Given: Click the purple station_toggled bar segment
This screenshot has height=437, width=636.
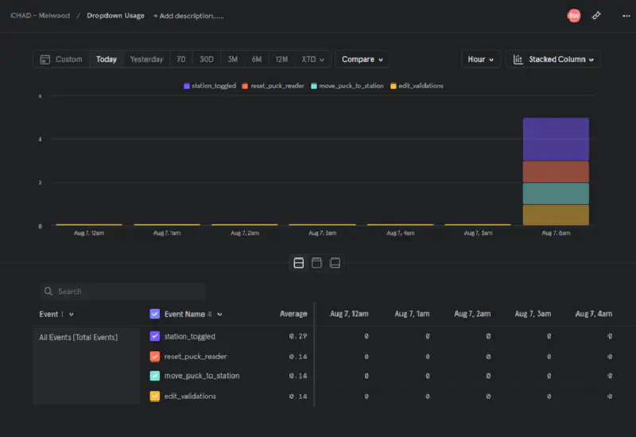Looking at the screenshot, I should click(556, 139).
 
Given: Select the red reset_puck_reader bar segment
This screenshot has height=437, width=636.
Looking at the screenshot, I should click(556, 172).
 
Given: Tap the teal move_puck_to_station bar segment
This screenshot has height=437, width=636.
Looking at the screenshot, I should click(556, 193).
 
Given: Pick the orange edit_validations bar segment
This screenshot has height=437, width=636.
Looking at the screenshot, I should click(556, 215).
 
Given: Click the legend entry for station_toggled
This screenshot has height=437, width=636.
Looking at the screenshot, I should click(210, 86).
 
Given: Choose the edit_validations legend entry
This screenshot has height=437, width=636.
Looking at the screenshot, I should click(417, 86).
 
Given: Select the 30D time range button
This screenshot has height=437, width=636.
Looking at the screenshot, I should click(207, 60).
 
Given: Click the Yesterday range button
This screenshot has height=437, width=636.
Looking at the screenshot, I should click(146, 60).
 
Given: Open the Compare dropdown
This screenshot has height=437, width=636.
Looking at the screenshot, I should click(363, 60).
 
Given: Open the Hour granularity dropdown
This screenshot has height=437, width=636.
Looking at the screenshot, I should click(481, 60).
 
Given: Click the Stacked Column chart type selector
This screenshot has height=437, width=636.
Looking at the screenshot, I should click(553, 60).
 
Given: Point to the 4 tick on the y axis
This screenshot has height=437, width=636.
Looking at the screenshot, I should click(41, 139).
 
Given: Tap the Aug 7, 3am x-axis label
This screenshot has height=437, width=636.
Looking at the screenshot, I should click(323, 234).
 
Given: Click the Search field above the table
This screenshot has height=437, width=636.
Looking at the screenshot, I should click(123, 292).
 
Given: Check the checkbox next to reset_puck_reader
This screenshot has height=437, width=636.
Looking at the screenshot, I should click(155, 356).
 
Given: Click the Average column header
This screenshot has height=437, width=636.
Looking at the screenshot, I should click(293, 314).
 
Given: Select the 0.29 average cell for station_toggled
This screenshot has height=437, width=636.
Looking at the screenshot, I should click(298, 336).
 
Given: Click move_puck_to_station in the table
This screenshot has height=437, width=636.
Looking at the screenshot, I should click(201, 376).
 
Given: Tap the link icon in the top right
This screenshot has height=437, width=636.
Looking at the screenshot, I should click(596, 15).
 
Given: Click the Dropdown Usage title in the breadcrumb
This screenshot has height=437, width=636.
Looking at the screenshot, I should click(115, 16).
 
